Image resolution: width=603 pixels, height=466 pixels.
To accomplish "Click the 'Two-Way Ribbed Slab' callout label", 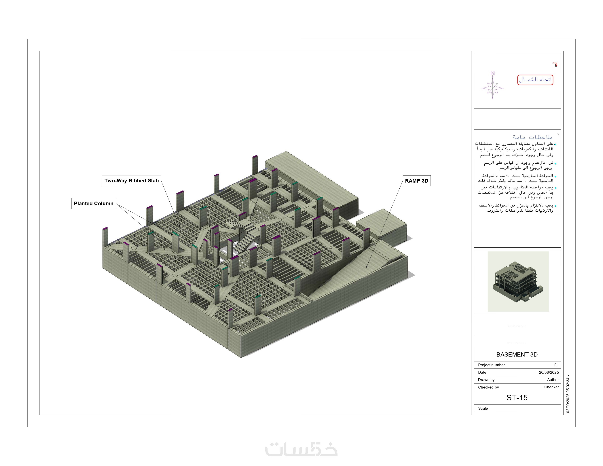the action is pyautogui.click(x=131, y=181).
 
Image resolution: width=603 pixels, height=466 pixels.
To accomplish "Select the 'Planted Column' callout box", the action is pyautogui.click(x=94, y=203).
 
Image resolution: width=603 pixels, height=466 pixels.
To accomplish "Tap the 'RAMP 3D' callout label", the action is pyautogui.click(x=416, y=181).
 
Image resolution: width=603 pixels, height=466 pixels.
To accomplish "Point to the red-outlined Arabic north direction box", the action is pyautogui.click(x=535, y=80).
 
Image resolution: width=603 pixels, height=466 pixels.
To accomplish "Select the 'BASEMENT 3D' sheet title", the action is pyautogui.click(x=517, y=355).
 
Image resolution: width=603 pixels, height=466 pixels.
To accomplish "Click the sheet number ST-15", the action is pyautogui.click(x=517, y=397).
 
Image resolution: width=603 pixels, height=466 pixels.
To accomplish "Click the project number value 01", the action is pyautogui.click(x=556, y=365).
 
